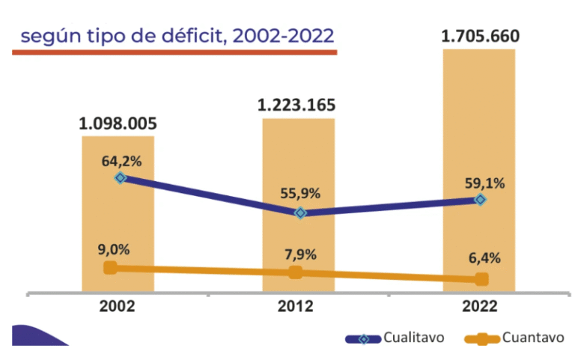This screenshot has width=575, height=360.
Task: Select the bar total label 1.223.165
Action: click(x=296, y=105)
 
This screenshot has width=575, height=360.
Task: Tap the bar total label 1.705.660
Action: click(x=480, y=36)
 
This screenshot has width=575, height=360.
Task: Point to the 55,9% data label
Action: click(x=301, y=194)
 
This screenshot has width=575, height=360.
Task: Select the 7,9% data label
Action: click(x=297, y=254)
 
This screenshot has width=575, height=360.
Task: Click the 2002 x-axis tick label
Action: click(x=118, y=307)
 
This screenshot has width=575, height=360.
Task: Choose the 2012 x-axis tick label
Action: click(x=296, y=307)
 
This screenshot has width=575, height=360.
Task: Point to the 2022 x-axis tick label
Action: click(x=479, y=307)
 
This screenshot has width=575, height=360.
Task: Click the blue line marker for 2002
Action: click(x=120, y=178)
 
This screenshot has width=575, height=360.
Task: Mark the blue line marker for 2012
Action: click(x=300, y=213)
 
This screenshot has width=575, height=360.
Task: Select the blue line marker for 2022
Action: click(x=480, y=200)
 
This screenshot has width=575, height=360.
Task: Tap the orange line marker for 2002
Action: click(x=110, y=267)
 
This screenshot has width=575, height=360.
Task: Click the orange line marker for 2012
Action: click(x=295, y=272)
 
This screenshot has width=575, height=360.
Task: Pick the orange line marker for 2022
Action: click(x=481, y=279)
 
